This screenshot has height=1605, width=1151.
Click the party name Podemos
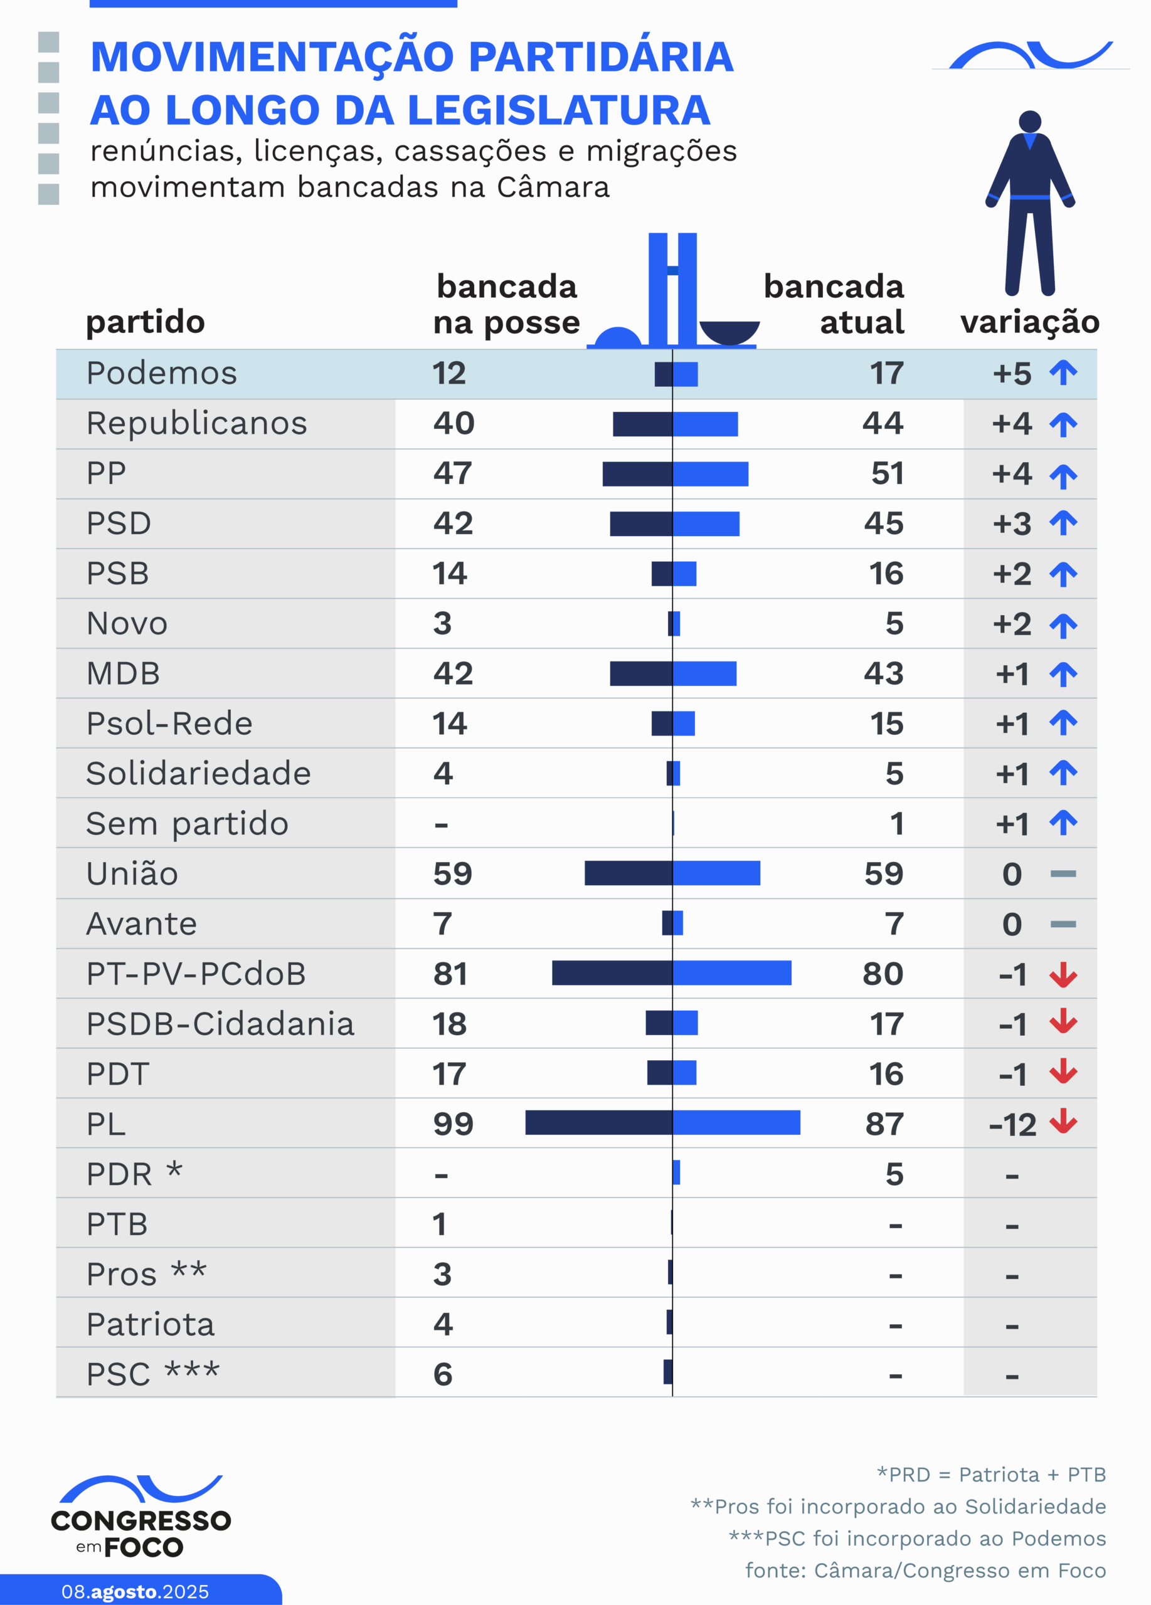[161, 373]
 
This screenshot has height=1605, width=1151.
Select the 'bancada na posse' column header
[506, 304]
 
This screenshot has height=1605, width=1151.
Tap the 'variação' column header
[1029, 322]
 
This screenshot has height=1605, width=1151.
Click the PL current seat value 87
[884, 1123]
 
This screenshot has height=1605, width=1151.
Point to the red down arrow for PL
[1063, 1122]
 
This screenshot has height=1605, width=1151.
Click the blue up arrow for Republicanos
[1063, 424]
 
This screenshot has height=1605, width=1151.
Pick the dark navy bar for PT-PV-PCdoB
[612, 973]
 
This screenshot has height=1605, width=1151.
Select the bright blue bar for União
[716, 873]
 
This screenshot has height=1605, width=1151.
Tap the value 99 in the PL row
[453, 1123]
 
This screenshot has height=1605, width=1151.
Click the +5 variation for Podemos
[1012, 374]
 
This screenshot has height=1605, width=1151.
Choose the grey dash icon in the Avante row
[1063, 924]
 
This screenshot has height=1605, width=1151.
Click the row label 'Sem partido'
[187, 824]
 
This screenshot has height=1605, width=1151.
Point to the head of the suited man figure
[1030, 121]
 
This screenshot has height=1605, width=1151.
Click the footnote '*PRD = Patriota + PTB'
[991, 1475]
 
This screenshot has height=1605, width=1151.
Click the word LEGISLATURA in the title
[560, 110]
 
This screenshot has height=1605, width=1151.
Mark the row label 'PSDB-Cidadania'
[220, 1024]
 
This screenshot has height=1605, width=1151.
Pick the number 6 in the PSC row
[442, 1374]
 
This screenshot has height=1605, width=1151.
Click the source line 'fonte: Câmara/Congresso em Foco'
[925, 1571]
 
